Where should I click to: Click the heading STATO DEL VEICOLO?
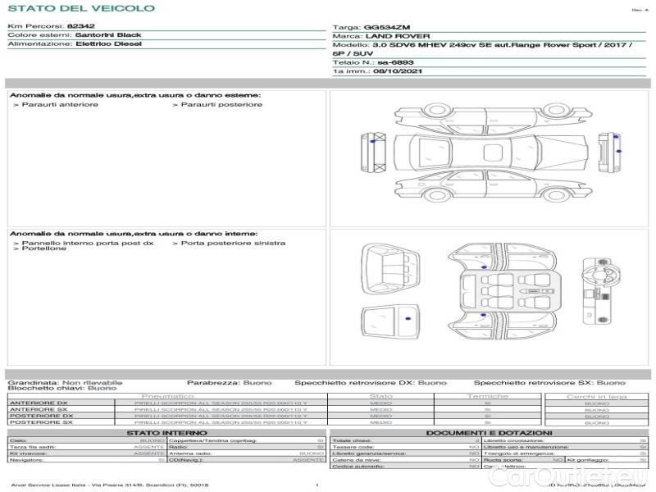[x=80, y=8]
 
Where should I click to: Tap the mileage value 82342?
[x=82, y=27]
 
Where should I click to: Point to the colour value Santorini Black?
[x=108, y=35]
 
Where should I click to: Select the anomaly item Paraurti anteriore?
[x=60, y=104]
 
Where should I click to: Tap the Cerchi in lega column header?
[x=596, y=396]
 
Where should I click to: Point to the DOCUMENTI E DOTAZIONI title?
[x=489, y=433]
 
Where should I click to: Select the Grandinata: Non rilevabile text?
[x=65, y=383]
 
